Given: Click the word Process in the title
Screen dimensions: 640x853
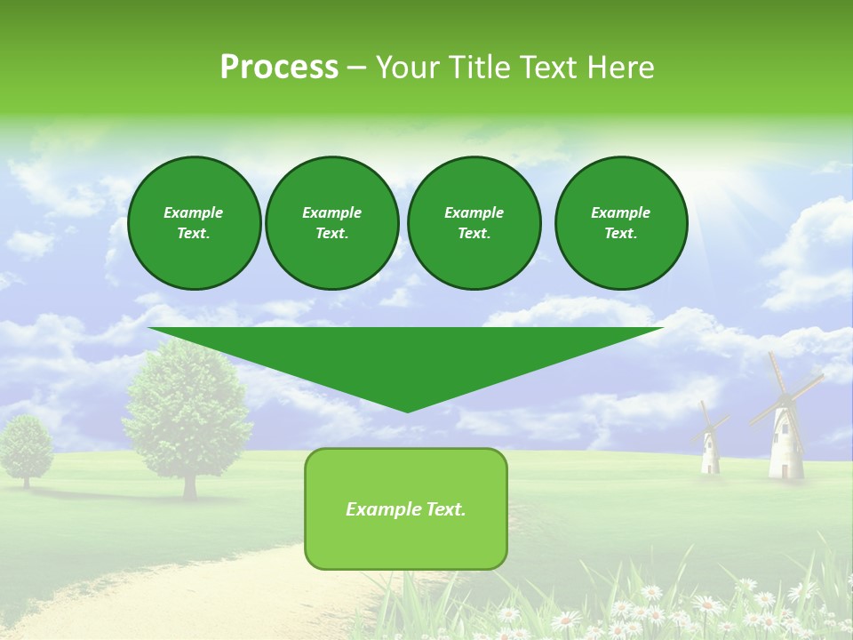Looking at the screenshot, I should pyautogui.click(x=279, y=68).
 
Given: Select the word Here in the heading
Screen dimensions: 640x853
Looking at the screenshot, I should pyautogui.click(x=620, y=68).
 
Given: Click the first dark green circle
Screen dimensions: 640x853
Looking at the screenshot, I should pyautogui.click(x=194, y=222).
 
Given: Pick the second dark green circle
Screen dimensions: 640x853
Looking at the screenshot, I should pyautogui.click(x=331, y=222).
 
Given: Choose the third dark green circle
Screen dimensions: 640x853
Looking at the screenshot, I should pyautogui.click(x=474, y=222).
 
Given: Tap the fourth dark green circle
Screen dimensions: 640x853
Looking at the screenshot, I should pyautogui.click(x=620, y=222).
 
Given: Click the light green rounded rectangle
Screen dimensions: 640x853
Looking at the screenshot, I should pyautogui.click(x=406, y=542).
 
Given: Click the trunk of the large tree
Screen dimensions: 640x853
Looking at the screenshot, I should pyautogui.click(x=189, y=483).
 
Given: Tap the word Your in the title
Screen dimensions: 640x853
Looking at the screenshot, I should pyautogui.click(x=405, y=68).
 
